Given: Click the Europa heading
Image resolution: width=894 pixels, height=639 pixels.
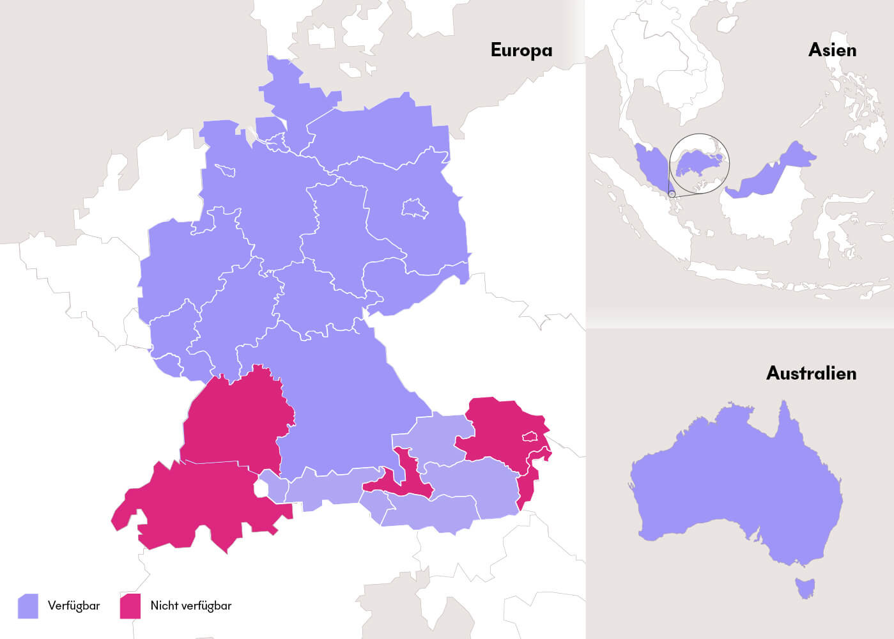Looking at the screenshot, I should [x=521, y=50].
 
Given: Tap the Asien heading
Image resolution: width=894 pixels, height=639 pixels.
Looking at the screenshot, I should [x=831, y=50].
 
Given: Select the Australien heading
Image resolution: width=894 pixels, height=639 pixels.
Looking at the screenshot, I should [x=811, y=373].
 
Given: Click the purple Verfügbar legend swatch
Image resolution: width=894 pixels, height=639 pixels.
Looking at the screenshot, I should [x=27, y=606].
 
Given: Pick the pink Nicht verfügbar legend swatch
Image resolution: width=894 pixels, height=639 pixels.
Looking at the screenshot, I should [x=130, y=606].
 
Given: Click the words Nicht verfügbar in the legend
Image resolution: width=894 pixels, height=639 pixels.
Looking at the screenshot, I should [x=190, y=606].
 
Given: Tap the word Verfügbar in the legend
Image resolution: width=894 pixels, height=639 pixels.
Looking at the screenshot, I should [x=73, y=606].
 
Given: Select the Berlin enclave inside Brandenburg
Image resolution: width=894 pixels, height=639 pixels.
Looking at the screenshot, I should [x=414, y=208].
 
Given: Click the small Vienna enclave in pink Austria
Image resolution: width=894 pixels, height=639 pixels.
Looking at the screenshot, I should [x=530, y=437].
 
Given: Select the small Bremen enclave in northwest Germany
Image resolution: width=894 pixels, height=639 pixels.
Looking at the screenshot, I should [x=225, y=170].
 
